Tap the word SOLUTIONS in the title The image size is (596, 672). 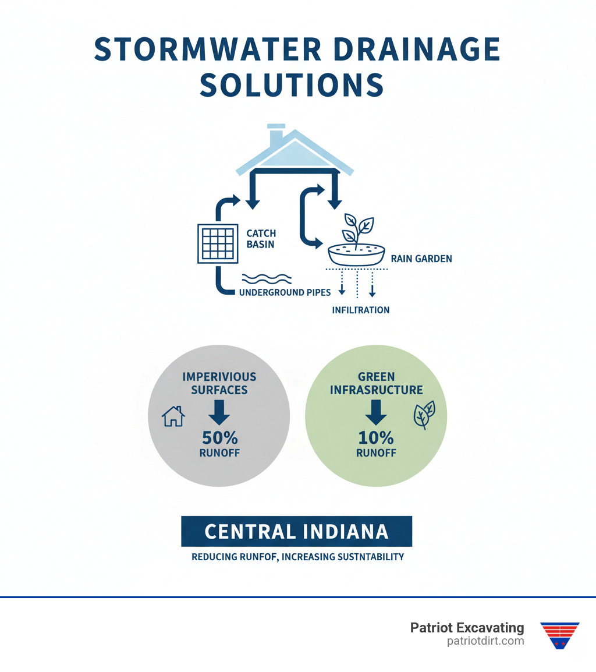coord(292,86)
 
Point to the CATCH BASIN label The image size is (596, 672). coord(261,239)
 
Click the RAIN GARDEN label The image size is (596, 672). coord(421,259)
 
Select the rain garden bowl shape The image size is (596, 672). coord(357,255)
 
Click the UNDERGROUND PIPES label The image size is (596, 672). coord(285,292)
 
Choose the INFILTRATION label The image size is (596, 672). coord(360,310)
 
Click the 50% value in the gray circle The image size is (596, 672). coord(219,437)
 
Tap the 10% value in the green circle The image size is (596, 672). coord(376,437)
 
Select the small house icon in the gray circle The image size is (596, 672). coord(173,416)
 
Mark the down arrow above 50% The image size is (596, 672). coord(219,412)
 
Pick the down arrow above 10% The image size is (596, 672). coord(376,412)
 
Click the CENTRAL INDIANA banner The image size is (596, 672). coord(296,531)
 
